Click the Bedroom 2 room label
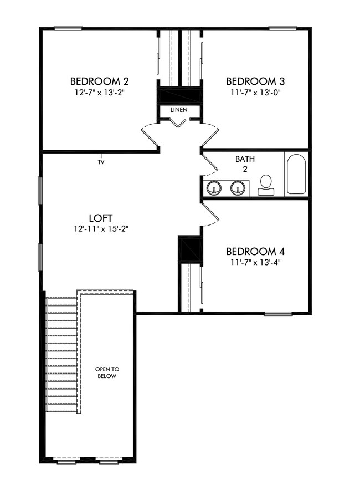[x=100, y=81]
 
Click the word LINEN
[x=179, y=110]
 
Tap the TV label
[x=101, y=162]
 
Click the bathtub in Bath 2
[x=295, y=173]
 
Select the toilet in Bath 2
[x=266, y=185]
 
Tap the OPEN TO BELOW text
[x=107, y=372]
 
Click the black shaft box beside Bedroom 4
[x=189, y=249]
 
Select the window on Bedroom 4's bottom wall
[x=278, y=314]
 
